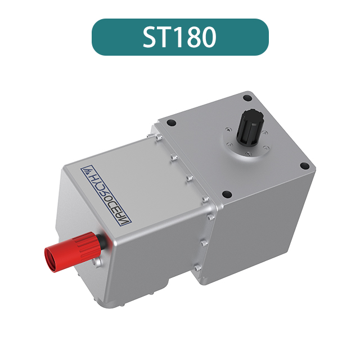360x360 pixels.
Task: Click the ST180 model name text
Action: click(x=179, y=37)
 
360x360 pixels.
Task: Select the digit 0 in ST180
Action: click(x=208, y=37)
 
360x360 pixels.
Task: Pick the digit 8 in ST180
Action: click(x=193, y=37)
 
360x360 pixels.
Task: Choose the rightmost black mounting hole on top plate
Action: click(x=304, y=166)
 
